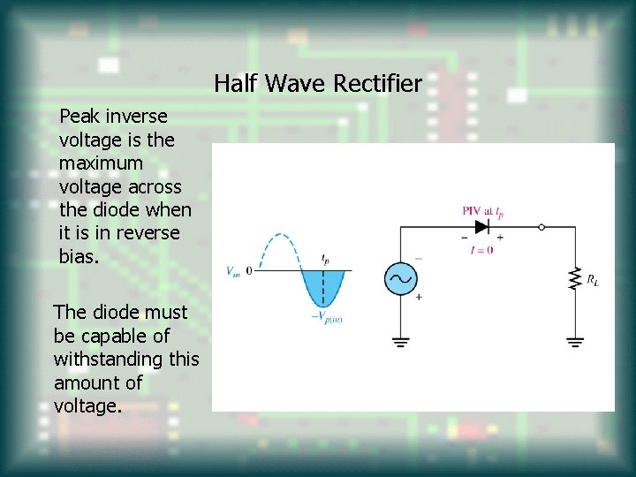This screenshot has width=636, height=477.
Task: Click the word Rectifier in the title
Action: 377,84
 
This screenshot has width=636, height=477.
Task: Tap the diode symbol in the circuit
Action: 481,227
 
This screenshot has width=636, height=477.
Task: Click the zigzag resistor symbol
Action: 575,278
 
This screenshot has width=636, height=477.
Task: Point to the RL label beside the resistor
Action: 593,280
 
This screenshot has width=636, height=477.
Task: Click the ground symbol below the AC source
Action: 400,340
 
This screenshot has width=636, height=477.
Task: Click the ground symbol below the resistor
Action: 575,340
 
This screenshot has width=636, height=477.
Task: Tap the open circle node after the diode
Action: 541,227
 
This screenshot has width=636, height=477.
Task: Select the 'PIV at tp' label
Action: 482,210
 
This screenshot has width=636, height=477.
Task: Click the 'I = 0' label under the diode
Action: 481,250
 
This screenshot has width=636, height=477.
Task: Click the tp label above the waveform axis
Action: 324,259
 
